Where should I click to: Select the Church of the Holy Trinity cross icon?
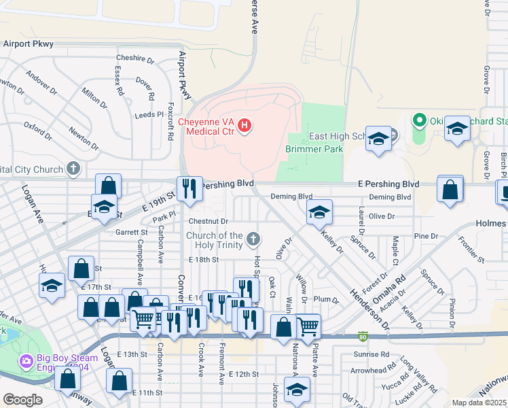[x=253, y=238]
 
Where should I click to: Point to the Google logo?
[x=22, y=400]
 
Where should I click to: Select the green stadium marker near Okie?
[x=420, y=122]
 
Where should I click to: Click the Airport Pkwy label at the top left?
[x=29, y=44]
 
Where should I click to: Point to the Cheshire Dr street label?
[x=135, y=58]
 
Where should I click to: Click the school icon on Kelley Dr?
[x=319, y=212]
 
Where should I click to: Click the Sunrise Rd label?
[x=371, y=354]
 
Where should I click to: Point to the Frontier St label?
[x=471, y=249]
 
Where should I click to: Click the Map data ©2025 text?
[x=478, y=403]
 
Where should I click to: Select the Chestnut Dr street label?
[x=208, y=221]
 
